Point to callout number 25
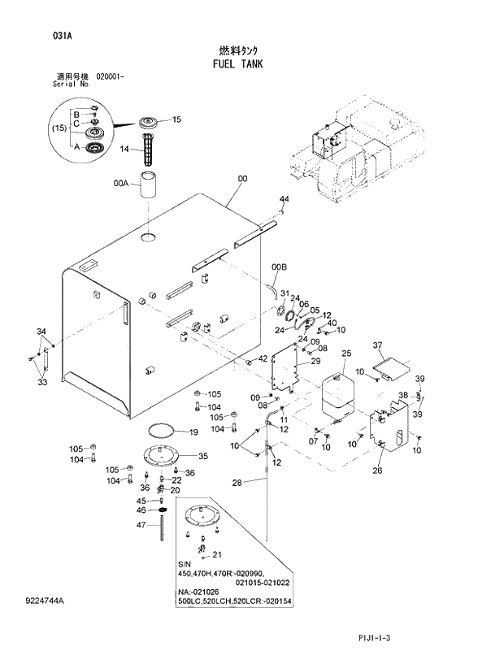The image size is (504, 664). tap(345, 354)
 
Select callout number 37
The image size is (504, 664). tap(377, 345)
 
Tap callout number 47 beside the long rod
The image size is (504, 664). tap(141, 526)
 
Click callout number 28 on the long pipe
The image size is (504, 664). tap(237, 483)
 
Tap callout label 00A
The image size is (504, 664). tap(121, 184)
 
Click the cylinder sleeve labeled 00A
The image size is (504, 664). tap(148, 186)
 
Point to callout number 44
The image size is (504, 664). tap(284, 199)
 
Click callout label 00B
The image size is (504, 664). tap(279, 267)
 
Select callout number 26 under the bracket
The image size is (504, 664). tap(377, 471)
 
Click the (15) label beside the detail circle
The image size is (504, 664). tap(59, 128)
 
